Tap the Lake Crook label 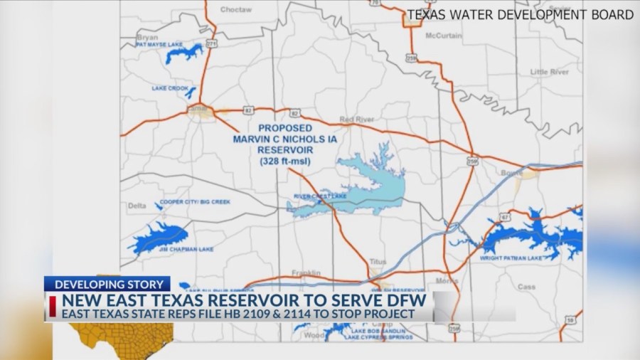point(169,88)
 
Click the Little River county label point(549,72)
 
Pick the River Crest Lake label point(312,196)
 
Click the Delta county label point(137,206)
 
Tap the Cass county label point(526,287)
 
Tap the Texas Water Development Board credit point(520,14)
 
